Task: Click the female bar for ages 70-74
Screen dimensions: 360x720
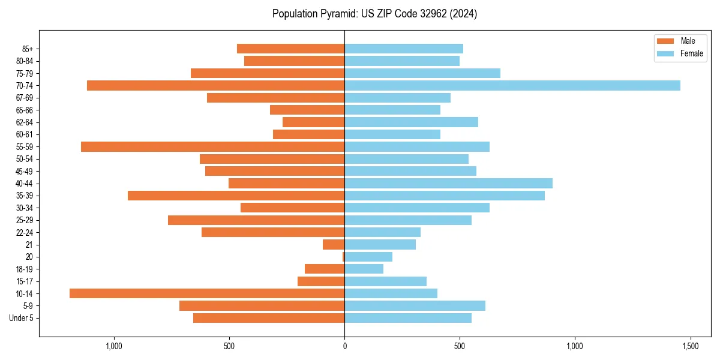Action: tap(512, 86)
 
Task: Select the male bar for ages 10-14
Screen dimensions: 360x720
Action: tap(207, 293)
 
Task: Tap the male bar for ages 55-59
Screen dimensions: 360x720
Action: tap(212, 147)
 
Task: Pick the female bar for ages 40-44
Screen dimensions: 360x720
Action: tap(448, 184)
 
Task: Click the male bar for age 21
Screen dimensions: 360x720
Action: tap(334, 245)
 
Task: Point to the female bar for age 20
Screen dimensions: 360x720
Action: tap(368, 257)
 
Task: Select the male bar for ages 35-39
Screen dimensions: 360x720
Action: tap(236, 196)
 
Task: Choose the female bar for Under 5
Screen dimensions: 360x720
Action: tap(408, 318)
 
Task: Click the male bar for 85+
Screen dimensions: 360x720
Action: tap(290, 49)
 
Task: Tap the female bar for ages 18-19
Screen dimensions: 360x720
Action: tap(364, 269)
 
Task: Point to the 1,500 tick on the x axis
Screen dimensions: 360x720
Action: tap(690, 346)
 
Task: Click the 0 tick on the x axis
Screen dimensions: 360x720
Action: tap(344, 346)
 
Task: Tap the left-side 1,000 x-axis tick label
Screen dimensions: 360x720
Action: tap(114, 346)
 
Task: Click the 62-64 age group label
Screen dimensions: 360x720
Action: tap(25, 122)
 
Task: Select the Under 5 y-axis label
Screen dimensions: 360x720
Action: tap(21, 318)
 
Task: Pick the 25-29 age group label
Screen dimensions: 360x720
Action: tap(25, 220)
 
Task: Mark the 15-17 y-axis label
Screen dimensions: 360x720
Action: tap(25, 281)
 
